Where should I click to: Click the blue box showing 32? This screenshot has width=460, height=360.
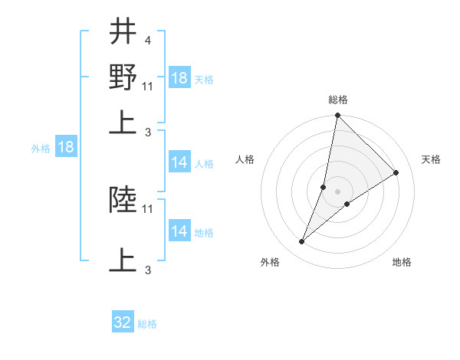123,322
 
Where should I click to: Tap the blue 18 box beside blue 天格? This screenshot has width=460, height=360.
179,78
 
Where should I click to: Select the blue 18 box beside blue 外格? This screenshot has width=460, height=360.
66,148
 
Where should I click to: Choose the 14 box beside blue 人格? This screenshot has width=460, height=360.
179,162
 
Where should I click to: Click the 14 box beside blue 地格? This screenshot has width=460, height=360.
179,231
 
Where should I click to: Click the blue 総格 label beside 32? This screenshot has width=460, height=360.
147,324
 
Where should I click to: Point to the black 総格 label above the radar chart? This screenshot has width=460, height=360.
337,100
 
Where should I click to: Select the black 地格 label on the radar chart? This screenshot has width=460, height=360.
402,262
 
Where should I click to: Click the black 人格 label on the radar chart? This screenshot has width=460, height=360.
245,159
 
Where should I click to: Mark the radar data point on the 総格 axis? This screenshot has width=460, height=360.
337,116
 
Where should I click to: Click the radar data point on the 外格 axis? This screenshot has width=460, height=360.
302,242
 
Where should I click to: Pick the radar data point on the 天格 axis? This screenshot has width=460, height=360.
396,173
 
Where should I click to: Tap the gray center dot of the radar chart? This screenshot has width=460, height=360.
337,191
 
